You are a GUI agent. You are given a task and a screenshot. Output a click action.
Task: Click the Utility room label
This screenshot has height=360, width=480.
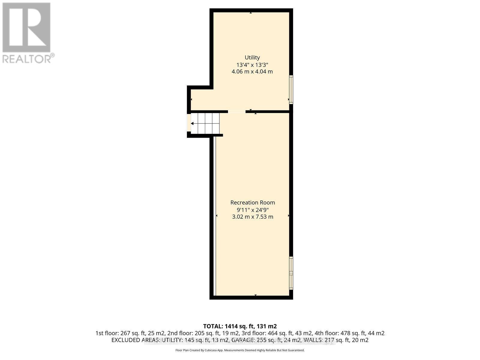point(252,57)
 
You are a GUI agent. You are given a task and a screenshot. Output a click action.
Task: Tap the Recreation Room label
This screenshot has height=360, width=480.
point(253,202)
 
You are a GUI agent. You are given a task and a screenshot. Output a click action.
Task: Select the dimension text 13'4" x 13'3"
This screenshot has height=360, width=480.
point(252,64)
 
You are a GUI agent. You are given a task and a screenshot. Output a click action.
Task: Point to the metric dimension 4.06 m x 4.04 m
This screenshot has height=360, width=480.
point(252,72)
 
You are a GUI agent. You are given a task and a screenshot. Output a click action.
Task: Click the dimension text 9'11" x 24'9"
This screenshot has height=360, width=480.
point(253,210)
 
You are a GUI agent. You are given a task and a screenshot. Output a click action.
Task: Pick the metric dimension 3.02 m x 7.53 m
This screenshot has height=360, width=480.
point(253,217)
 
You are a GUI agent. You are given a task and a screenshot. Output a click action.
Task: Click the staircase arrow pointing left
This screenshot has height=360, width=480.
point(193,123)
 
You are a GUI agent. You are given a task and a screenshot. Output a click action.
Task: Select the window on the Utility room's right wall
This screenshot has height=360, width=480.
point(291,89)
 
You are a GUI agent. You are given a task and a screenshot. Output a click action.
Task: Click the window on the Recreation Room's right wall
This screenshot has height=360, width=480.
point(291,273)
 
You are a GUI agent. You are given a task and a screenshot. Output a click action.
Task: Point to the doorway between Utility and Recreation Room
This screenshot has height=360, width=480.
point(237,112)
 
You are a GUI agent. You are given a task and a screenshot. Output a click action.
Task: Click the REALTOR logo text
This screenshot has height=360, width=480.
point(28,58)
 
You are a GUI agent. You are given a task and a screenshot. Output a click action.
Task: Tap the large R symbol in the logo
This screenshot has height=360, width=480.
point(26,27)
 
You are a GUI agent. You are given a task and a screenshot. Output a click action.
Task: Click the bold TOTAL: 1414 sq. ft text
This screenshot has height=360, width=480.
point(240,326)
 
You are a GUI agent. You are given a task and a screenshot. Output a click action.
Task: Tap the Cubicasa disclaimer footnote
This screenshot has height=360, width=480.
point(240,350)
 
